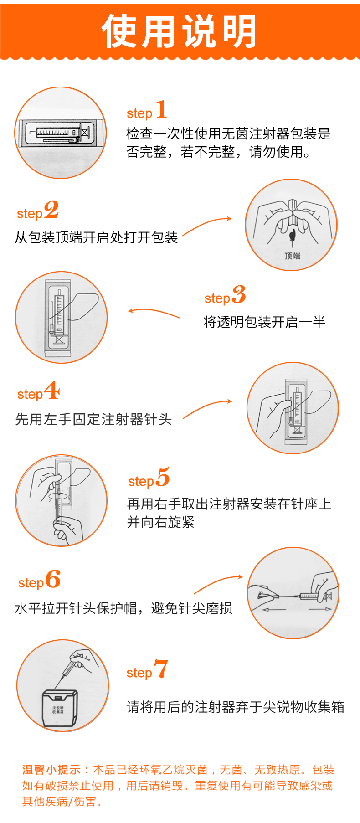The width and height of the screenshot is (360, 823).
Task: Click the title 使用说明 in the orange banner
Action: (179, 31)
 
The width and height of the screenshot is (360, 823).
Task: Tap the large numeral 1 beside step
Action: (161, 110)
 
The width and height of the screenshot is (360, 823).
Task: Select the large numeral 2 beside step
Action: (51, 210)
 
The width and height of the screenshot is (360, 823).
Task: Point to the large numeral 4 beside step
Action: (52, 391)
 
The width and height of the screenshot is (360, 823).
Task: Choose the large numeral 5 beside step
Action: (163, 477)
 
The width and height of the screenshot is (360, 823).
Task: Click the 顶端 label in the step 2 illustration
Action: (292, 256)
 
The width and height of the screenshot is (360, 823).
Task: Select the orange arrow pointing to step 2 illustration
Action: (207, 225)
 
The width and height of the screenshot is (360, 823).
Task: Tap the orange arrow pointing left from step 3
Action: (154, 313)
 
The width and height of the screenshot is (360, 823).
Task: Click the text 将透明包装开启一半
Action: (264, 322)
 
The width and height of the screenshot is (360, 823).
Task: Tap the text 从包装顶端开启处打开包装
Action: (96, 237)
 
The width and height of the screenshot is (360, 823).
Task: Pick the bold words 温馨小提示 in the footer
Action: (51, 770)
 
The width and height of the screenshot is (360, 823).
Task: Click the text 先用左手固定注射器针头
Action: (93, 419)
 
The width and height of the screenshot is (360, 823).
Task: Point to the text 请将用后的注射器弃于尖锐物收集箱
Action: (235, 707)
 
